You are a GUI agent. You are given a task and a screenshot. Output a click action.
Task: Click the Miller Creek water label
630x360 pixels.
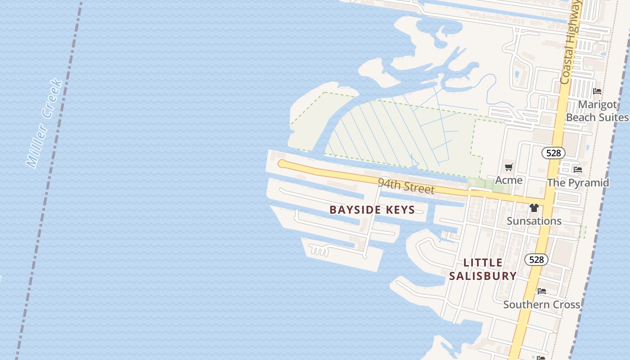pyautogui.click(x=44, y=124)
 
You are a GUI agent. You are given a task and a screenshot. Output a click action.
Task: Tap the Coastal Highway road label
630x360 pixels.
pyautogui.click(x=570, y=43)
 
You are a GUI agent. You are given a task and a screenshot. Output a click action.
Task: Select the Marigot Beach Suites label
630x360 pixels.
pyautogui.click(x=597, y=111)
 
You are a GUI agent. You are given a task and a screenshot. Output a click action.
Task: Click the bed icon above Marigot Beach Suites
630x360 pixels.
pyautogui.click(x=597, y=91)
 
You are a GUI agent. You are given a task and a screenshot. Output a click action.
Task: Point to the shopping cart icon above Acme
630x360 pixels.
pyautogui.click(x=508, y=167)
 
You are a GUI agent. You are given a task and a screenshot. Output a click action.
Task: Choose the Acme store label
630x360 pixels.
pyautogui.click(x=508, y=180)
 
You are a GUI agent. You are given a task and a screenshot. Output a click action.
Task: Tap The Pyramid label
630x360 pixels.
pyautogui.click(x=578, y=183)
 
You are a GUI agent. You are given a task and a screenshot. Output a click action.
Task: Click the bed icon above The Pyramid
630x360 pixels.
pyautogui.click(x=578, y=170)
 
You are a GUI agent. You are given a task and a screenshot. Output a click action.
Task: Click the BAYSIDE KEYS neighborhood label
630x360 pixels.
pyautogui.click(x=372, y=210)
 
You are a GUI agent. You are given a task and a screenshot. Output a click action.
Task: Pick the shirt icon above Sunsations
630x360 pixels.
pyautogui.click(x=534, y=208)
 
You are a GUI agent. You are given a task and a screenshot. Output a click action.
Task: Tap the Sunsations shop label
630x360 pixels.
pyautogui.click(x=534, y=221)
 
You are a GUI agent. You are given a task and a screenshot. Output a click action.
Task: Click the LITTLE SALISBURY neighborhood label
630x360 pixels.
pyautogui.click(x=483, y=269)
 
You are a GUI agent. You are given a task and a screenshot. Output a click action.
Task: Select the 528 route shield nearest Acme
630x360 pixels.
pyautogui.click(x=553, y=153)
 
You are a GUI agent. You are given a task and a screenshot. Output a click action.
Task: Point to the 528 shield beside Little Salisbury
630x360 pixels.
pyautogui.click(x=536, y=260)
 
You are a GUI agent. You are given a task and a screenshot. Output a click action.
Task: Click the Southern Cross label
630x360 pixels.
pyautogui.click(x=541, y=305)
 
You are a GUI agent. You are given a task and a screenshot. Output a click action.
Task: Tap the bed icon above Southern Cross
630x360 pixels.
pyautogui.click(x=542, y=291)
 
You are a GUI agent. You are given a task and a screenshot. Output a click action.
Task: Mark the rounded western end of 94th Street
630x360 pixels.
pyautogui.click(x=282, y=164)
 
